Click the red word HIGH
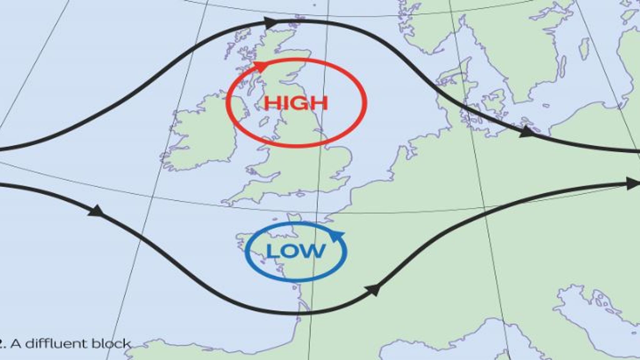coord(296,103)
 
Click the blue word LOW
coord(296,251)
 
